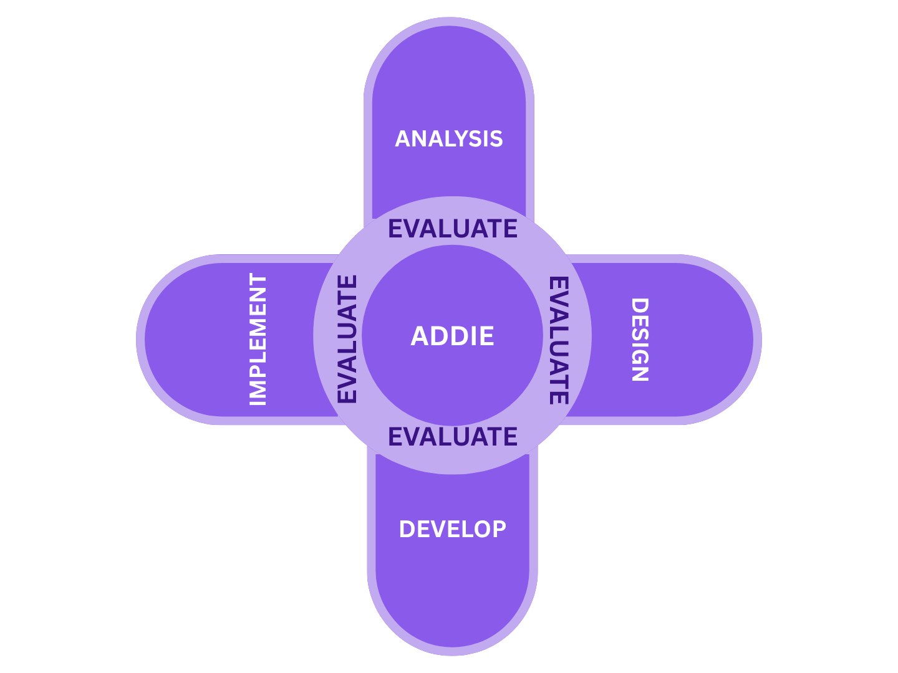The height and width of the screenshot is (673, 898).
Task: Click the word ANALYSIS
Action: pos(449,138)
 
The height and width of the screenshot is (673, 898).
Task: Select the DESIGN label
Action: pos(640,340)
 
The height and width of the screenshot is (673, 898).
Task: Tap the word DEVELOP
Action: pos(452,529)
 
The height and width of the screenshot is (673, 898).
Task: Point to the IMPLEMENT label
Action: pos(258,340)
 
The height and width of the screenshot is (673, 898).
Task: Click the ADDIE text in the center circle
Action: pos(452,336)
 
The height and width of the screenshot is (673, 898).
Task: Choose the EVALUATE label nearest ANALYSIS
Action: pos(453,229)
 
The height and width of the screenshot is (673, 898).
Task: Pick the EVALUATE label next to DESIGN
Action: pos(559,340)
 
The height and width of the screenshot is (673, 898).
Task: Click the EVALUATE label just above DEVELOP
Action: pos(453,436)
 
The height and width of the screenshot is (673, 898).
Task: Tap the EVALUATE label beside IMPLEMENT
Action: pos(347,339)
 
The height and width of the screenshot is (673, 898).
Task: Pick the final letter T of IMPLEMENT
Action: pos(258,280)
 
